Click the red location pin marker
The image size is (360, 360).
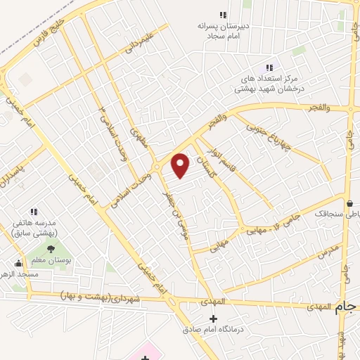coord(181,165)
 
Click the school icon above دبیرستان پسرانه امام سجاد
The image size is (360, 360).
coord(224,15)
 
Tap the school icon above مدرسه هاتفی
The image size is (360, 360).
coord(33,211)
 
